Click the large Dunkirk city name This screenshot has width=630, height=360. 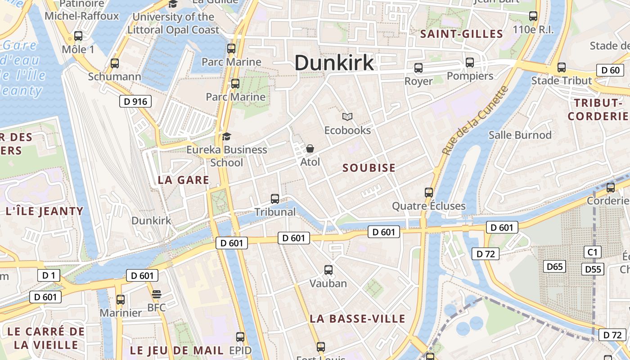pos(334,63)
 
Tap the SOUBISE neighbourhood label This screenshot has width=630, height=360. pos(369,168)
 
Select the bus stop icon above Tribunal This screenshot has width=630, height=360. pos(275,198)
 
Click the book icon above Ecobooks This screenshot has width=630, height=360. pos(347,117)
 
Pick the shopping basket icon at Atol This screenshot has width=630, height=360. pos(310,148)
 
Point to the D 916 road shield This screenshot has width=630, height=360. pos(135,101)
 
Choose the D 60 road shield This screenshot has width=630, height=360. pos(610,70)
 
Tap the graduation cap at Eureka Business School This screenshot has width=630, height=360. pos(226,136)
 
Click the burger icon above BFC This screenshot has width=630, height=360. pos(157,294)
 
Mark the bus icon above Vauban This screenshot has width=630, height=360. pos(328,270)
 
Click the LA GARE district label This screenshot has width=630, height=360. pos(184,180)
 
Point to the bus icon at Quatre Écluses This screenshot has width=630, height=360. pos(429,193)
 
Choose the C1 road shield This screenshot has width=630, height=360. pos(593,252)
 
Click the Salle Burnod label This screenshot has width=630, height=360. pos(520,135)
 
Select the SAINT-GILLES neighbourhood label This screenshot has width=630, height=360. pos(461,34)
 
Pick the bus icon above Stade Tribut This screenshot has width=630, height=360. pos(562,67)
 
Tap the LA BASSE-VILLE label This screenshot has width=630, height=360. pos(358,319)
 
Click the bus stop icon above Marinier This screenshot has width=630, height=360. pos(121,299)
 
